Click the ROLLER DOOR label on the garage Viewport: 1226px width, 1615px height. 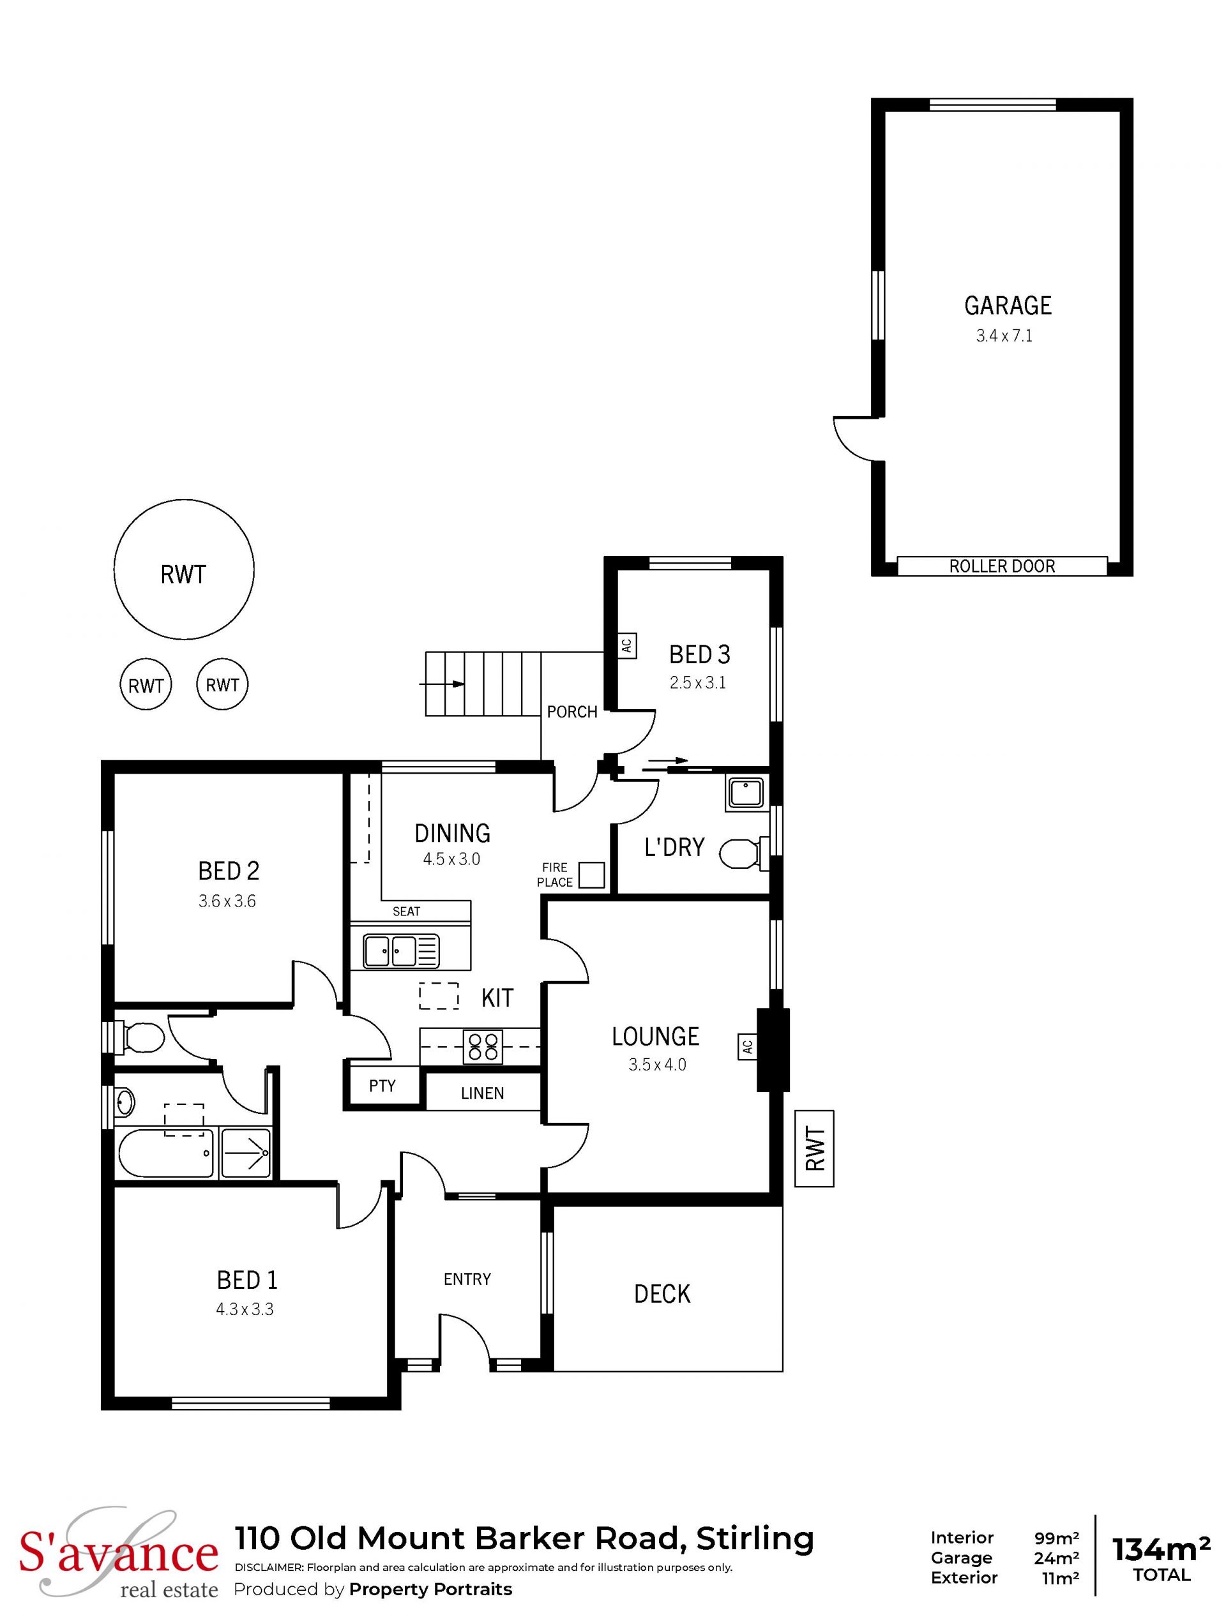click(1002, 567)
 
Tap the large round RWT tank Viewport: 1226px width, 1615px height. click(184, 570)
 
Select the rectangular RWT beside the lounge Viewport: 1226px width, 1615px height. click(814, 1148)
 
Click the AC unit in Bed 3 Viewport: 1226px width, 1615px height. click(626, 645)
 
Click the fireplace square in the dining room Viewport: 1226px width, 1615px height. click(592, 875)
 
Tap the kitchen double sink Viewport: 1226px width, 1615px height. click(401, 951)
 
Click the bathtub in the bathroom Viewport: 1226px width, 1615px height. click(166, 1153)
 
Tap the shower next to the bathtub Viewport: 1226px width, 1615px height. click(246, 1153)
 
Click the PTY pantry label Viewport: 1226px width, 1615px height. click(382, 1086)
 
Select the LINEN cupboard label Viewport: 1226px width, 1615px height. click(482, 1093)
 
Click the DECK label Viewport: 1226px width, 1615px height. click(662, 1295)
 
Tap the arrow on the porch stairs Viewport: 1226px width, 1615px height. click(442, 684)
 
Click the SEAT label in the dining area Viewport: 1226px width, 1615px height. click(406, 911)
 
